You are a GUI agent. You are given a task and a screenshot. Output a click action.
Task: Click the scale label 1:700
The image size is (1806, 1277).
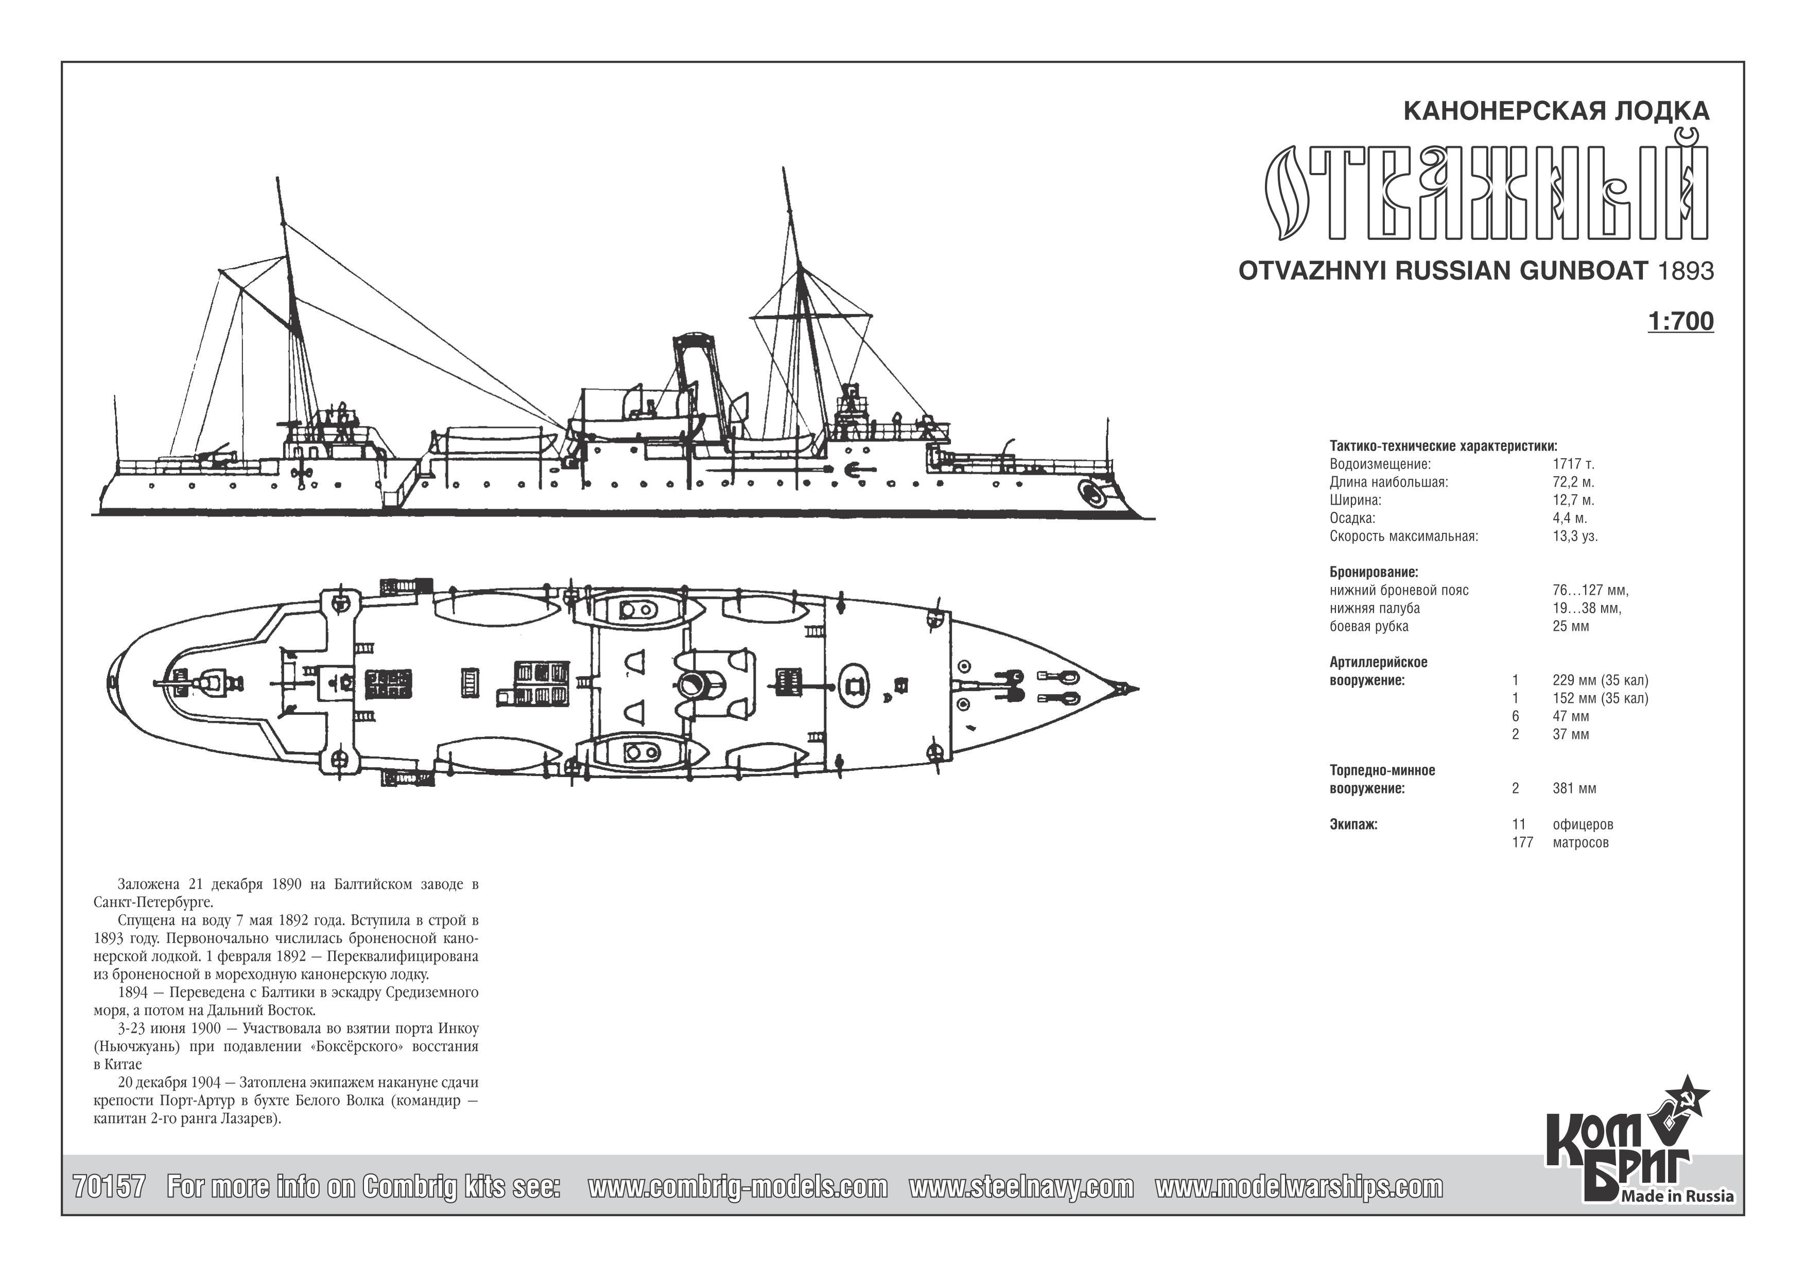coord(1680,322)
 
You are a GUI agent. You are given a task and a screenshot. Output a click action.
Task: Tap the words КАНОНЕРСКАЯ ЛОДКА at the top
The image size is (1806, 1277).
coord(1557,111)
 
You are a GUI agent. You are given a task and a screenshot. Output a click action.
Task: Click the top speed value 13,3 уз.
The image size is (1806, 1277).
coord(1575,537)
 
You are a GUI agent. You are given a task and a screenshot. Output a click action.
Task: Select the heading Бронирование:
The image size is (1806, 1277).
coord(1374,572)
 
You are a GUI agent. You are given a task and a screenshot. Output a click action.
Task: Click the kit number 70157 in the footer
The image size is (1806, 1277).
coord(109,1187)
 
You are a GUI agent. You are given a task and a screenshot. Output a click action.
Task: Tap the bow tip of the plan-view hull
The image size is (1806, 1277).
coord(1137,689)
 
